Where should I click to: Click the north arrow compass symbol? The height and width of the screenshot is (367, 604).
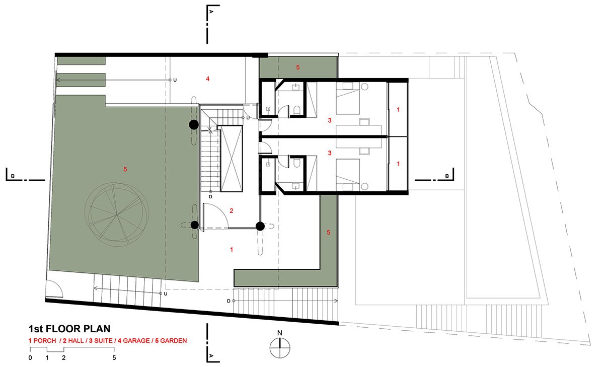coord(280,347)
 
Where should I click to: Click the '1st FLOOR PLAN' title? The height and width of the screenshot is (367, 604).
coord(69,329)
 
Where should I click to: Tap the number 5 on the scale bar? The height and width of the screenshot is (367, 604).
coord(114,358)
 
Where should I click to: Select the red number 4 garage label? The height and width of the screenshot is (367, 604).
coord(207,79)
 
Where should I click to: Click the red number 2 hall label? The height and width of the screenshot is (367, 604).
coord(232,210)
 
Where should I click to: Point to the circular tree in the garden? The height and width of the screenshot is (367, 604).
coord(116,214)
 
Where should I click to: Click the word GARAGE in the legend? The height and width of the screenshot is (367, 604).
coord(136,341)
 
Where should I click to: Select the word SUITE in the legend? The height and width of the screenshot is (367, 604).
coord(103,341)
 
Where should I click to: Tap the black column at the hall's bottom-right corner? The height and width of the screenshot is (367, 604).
coord(260,226)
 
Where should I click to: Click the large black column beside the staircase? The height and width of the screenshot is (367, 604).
coord(194,125)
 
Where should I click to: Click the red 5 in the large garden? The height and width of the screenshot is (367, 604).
coord(125,169)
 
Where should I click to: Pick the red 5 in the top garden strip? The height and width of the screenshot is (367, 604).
coord(297,67)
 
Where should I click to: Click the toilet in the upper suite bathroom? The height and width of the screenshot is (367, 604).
coord(296,110)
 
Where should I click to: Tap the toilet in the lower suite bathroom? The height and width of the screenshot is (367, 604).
coord(296,163)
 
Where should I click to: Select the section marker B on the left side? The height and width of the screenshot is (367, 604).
coord(13,176)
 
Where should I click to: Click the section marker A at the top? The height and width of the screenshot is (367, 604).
coord(211,12)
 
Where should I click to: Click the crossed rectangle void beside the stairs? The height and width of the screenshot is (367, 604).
coord(232,159)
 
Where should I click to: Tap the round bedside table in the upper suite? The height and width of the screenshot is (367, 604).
coord(364,87)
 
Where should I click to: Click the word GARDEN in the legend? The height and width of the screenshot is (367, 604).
coord(173,341)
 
